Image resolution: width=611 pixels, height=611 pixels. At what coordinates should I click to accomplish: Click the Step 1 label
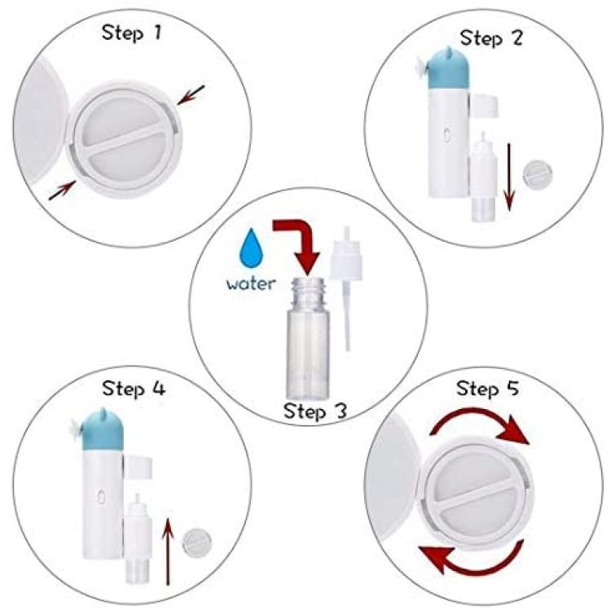(x=131, y=33)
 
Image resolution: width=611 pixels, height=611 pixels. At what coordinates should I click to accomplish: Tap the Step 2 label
(x=490, y=38)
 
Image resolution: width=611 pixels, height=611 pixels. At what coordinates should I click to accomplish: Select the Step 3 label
(x=314, y=411)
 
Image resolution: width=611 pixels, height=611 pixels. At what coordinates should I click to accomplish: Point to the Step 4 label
(x=134, y=389)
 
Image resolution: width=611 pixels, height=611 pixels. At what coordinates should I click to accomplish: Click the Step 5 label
(x=487, y=389)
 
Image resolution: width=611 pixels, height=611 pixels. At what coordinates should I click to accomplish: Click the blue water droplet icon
(x=252, y=248)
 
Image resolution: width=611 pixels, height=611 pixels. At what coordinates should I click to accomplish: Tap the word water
(x=251, y=284)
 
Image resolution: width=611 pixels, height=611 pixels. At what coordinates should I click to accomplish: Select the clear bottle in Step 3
(x=308, y=337)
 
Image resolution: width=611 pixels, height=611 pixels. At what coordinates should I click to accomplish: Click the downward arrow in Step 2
(x=509, y=177)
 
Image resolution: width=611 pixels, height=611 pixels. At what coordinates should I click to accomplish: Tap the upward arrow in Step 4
(x=168, y=551)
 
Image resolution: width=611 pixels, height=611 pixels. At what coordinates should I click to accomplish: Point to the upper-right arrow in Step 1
(x=191, y=95)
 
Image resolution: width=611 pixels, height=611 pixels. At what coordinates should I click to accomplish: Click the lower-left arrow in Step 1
(x=63, y=190)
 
